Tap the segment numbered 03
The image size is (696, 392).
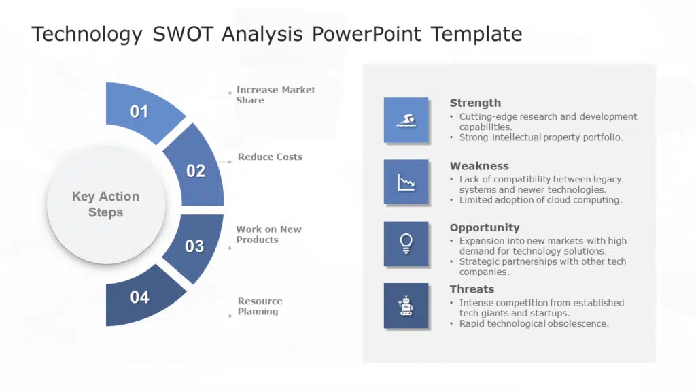pyautogui.click(x=195, y=246)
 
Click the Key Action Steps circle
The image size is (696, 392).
pyautogui.click(x=106, y=204)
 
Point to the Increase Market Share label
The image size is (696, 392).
pyautogui.click(x=275, y=95)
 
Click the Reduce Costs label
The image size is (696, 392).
pyautogui.click(x=270, y=157)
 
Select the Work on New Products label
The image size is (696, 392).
pyautogui.click(x=268, y=234)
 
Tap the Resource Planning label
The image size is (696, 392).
pyautogui.click(x=260, y=306)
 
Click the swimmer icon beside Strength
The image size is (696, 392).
pyautogui.click(x=406, y=120)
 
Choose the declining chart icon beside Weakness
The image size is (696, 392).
pyautogui.click(x=406, y=182)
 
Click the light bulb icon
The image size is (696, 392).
pyautogui.click(x=406, y=244)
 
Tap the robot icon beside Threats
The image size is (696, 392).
pyautogui.click(x=406, y=306)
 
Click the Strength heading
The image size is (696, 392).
pyautogui.click(x=475, y=103)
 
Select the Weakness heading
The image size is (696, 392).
pyautogui.click(x=479, y=166)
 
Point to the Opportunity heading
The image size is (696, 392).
pyautogui.click(x=484, y=227)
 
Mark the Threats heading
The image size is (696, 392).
pyautogui.click(x=472, y=289)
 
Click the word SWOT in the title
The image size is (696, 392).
pyautogui.click(x=183, y=34)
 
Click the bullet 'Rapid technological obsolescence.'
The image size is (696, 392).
pyautogui.click(x=534, y=323)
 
